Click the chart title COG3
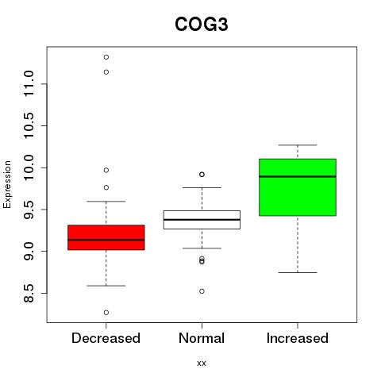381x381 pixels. [202, 25]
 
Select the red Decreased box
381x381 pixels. [106, 237]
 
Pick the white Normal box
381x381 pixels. [202, 220]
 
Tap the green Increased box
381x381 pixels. [298, 187]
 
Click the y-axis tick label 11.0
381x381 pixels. [29, 84]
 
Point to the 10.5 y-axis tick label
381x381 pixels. [29, 125]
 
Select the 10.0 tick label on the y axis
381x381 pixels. [29, 167]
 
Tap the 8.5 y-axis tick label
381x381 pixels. [29, 293]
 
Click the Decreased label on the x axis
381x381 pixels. [106, 338]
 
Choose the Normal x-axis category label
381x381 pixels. [202, 338]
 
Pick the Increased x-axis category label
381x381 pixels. [298, 338]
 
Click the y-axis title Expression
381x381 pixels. [7, 184]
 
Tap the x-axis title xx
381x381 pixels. [202, 364]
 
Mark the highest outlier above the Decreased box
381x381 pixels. [106, 57]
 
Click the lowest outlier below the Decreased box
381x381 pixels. [106, 313]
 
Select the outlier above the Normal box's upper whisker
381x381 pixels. [202, 175]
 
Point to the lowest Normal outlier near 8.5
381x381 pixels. [202, 291]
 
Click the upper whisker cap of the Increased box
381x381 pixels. [298, 145]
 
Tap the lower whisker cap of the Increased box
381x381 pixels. [298, 272]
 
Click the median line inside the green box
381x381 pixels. [298, 176]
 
